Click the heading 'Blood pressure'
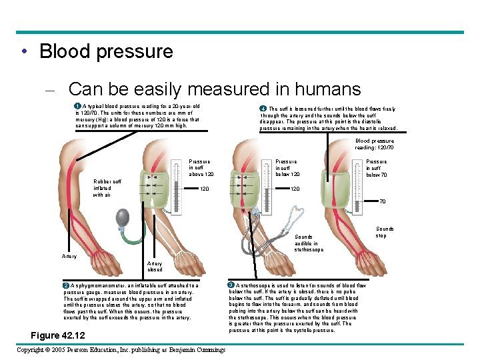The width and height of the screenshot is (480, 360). pos(106,51)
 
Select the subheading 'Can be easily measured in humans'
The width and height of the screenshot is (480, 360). pos(214,89)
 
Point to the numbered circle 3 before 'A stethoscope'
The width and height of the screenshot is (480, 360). pos(231,285)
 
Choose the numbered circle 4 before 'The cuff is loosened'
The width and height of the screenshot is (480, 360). pos(263,109)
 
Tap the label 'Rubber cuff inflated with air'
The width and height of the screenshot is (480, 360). pos(107,188)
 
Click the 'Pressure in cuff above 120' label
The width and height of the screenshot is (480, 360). pos(200,167)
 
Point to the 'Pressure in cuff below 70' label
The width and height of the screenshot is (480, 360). pos(376,168)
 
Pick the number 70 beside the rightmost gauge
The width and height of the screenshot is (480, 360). pos(382,201)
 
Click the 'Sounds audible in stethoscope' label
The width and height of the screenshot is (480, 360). pos(309,243)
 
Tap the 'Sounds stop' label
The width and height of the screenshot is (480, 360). pos(385,232)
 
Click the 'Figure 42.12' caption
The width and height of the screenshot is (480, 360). pos(59,334)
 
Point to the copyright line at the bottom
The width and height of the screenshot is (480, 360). pos(121,350)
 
